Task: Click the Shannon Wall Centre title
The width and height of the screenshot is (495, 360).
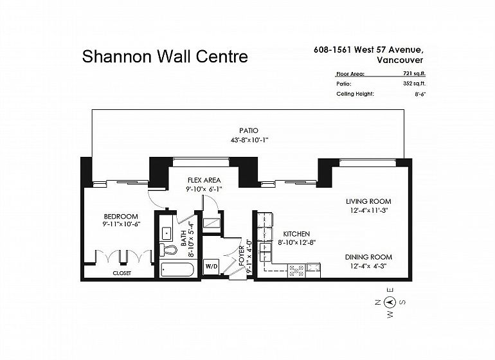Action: pos(165,57)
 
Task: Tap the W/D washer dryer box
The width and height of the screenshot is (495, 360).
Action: pos(212,267)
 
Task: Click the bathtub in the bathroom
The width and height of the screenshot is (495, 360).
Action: pos(177,270)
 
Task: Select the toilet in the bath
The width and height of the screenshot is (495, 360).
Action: pos(168,250)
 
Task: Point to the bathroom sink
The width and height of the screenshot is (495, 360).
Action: pos(166,234)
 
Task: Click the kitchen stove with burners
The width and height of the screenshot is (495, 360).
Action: pos(297,271)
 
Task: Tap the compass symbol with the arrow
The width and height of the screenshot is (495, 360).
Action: pos(390,303)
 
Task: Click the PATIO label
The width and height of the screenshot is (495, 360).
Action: pos(249,130)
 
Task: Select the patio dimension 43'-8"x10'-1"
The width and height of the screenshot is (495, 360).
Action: pos(249,140)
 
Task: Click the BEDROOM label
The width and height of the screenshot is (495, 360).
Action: pos(121,216)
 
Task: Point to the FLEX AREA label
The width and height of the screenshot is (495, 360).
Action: pos(204,180)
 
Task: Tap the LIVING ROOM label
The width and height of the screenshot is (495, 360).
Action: pos(368,201)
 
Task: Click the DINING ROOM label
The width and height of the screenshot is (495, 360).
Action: pos(368,257)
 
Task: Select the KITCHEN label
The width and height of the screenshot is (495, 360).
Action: pos(296,234)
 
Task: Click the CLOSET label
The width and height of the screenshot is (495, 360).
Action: pos(122,273)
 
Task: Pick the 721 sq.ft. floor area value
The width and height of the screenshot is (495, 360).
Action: pos(414,73)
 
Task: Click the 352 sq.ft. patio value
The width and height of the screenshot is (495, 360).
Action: pos(412,84)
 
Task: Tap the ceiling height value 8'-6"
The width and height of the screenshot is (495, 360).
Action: pos(420,94)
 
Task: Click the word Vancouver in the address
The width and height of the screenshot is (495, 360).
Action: pos(400,60)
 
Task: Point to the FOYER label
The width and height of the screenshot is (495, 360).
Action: pos(242,256)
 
